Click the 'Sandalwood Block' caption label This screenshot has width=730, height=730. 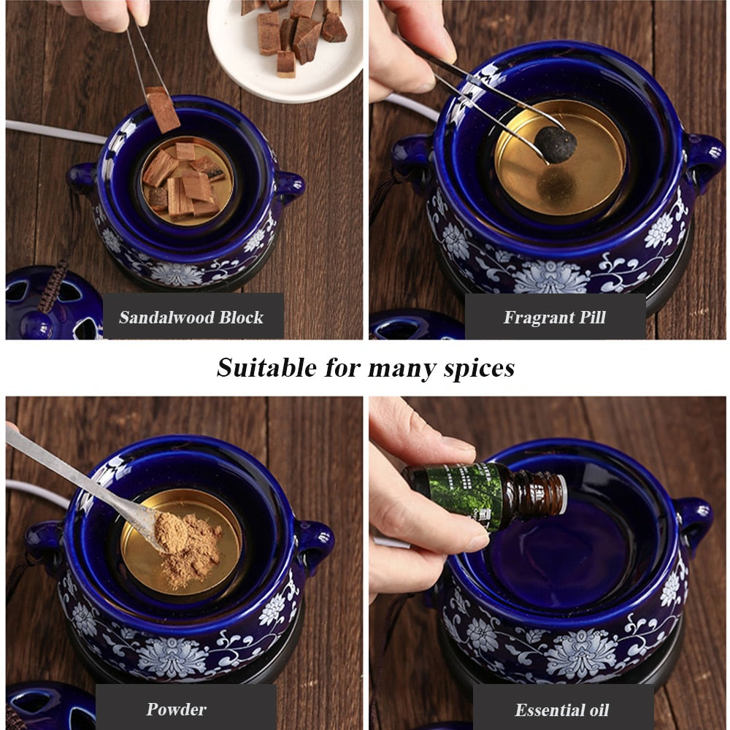pos(192,317)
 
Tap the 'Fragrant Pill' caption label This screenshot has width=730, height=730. pos(554,317)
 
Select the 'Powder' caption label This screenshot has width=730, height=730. pos(177,708)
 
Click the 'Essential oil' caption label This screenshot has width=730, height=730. pos(561,710)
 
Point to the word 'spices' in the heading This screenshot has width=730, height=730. pos(479,368)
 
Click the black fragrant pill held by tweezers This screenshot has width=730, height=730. pos(557,144)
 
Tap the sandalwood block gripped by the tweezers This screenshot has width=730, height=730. pos(162,109)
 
